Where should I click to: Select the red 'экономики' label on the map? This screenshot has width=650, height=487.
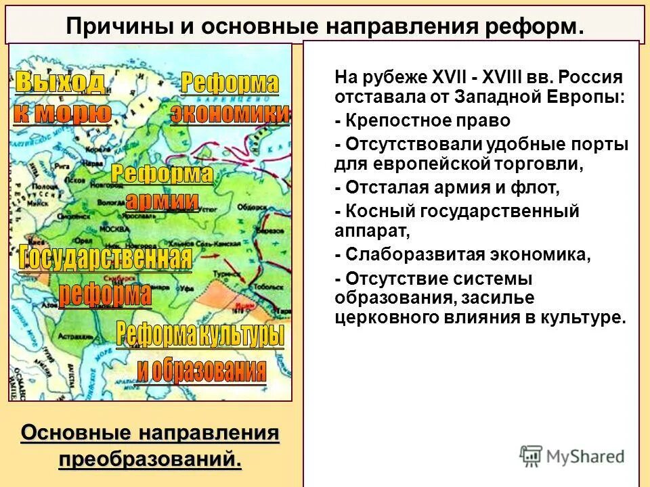point(230,114)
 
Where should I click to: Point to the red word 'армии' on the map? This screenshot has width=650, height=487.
point(162,201)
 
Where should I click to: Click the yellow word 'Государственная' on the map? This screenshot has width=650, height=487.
point(106,259)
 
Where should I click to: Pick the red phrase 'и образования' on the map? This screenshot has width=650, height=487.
point(201,370)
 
